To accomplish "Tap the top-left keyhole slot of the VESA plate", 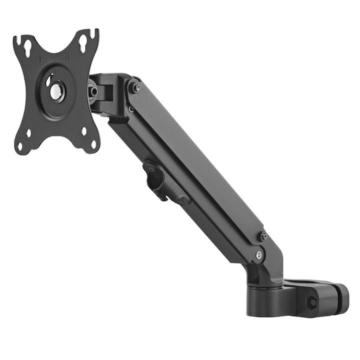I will point(27,48).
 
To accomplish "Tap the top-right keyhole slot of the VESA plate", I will point(82,43).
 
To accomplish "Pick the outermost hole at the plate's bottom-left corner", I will point(20,146).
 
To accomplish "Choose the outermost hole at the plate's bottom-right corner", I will point(93,145).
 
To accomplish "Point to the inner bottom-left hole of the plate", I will point(28,133).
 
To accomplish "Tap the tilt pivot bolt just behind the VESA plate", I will point(93,91).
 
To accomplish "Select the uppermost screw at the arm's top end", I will point(136,88).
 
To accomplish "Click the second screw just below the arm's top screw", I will point(131,108).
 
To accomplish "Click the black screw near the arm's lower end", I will point(263,236).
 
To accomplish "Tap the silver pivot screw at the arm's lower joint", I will point(258,255).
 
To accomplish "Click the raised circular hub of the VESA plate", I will point(56,90).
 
